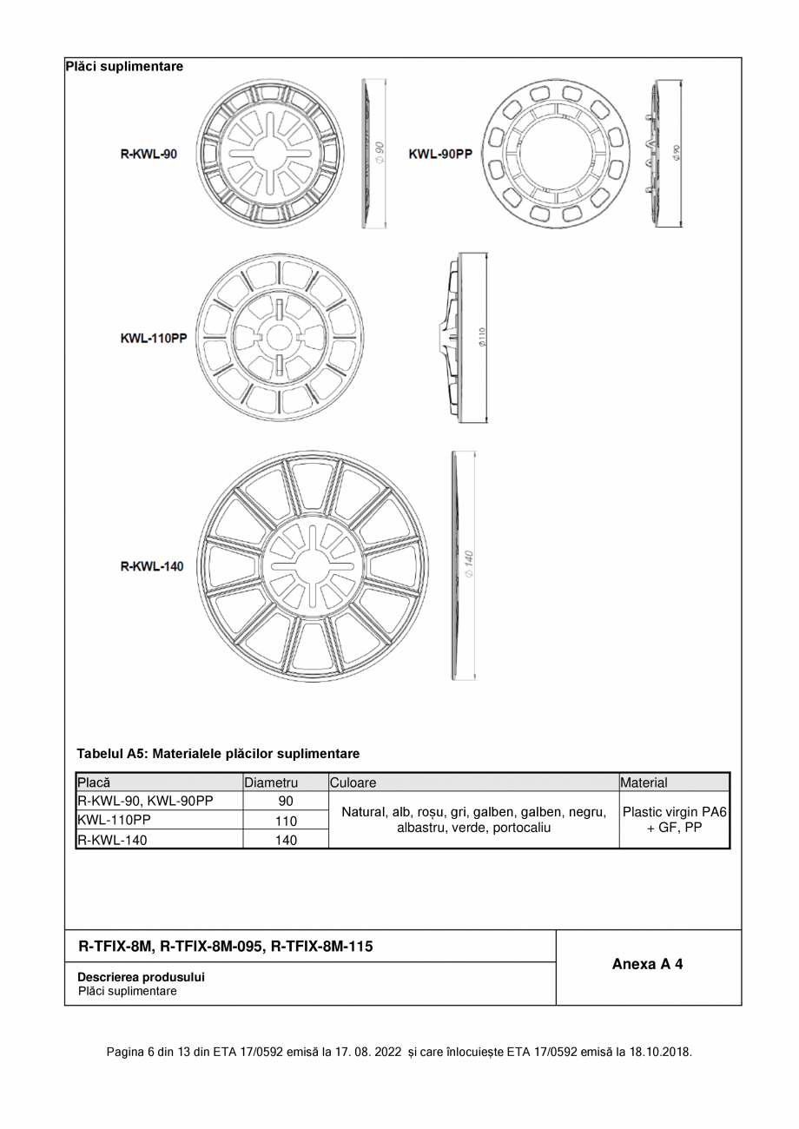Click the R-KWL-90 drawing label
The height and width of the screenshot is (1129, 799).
coord(149,154)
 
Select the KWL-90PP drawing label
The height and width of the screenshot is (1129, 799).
coord(440,154)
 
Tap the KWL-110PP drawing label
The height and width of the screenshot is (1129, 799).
coord(153,338)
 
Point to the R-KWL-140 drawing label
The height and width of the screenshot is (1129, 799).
coord(152,566)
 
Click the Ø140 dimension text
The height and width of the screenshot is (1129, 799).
coord(468,564)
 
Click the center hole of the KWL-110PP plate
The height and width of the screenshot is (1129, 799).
coord(278,338)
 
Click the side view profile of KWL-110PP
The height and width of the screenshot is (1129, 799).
coord(454,338)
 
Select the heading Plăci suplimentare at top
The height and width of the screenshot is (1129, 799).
coord(124,66)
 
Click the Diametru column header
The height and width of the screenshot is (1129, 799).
coord(271,782)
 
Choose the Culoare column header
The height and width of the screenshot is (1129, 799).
coord(353,782)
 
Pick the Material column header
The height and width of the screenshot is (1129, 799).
coord(644,782)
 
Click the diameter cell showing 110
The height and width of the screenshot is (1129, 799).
coord(286,821)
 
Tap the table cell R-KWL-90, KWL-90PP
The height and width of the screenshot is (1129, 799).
coord(145,801)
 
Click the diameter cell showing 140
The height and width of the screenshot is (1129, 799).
coord(286,840)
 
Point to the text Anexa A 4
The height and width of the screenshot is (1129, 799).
coord(647,964)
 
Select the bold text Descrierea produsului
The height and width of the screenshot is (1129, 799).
coord(141,977)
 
